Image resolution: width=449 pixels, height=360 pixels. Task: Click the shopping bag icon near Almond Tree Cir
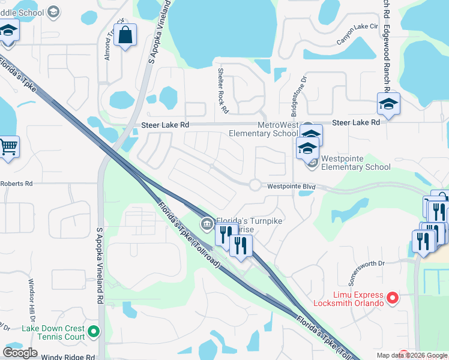coord(125,35)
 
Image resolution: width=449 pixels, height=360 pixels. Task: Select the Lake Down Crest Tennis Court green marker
coord(94,331)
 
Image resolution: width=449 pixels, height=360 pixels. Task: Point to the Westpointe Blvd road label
coord(291,187)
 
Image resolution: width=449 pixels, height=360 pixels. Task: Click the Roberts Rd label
coord(16,184)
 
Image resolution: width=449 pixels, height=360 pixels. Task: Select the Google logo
coord(20,353)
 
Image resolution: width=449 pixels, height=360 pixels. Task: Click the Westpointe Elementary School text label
coord(356,163)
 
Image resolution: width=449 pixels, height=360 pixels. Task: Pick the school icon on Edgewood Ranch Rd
coord(388,105)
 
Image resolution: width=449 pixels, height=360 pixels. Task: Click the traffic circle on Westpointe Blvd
coord(255,185)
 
